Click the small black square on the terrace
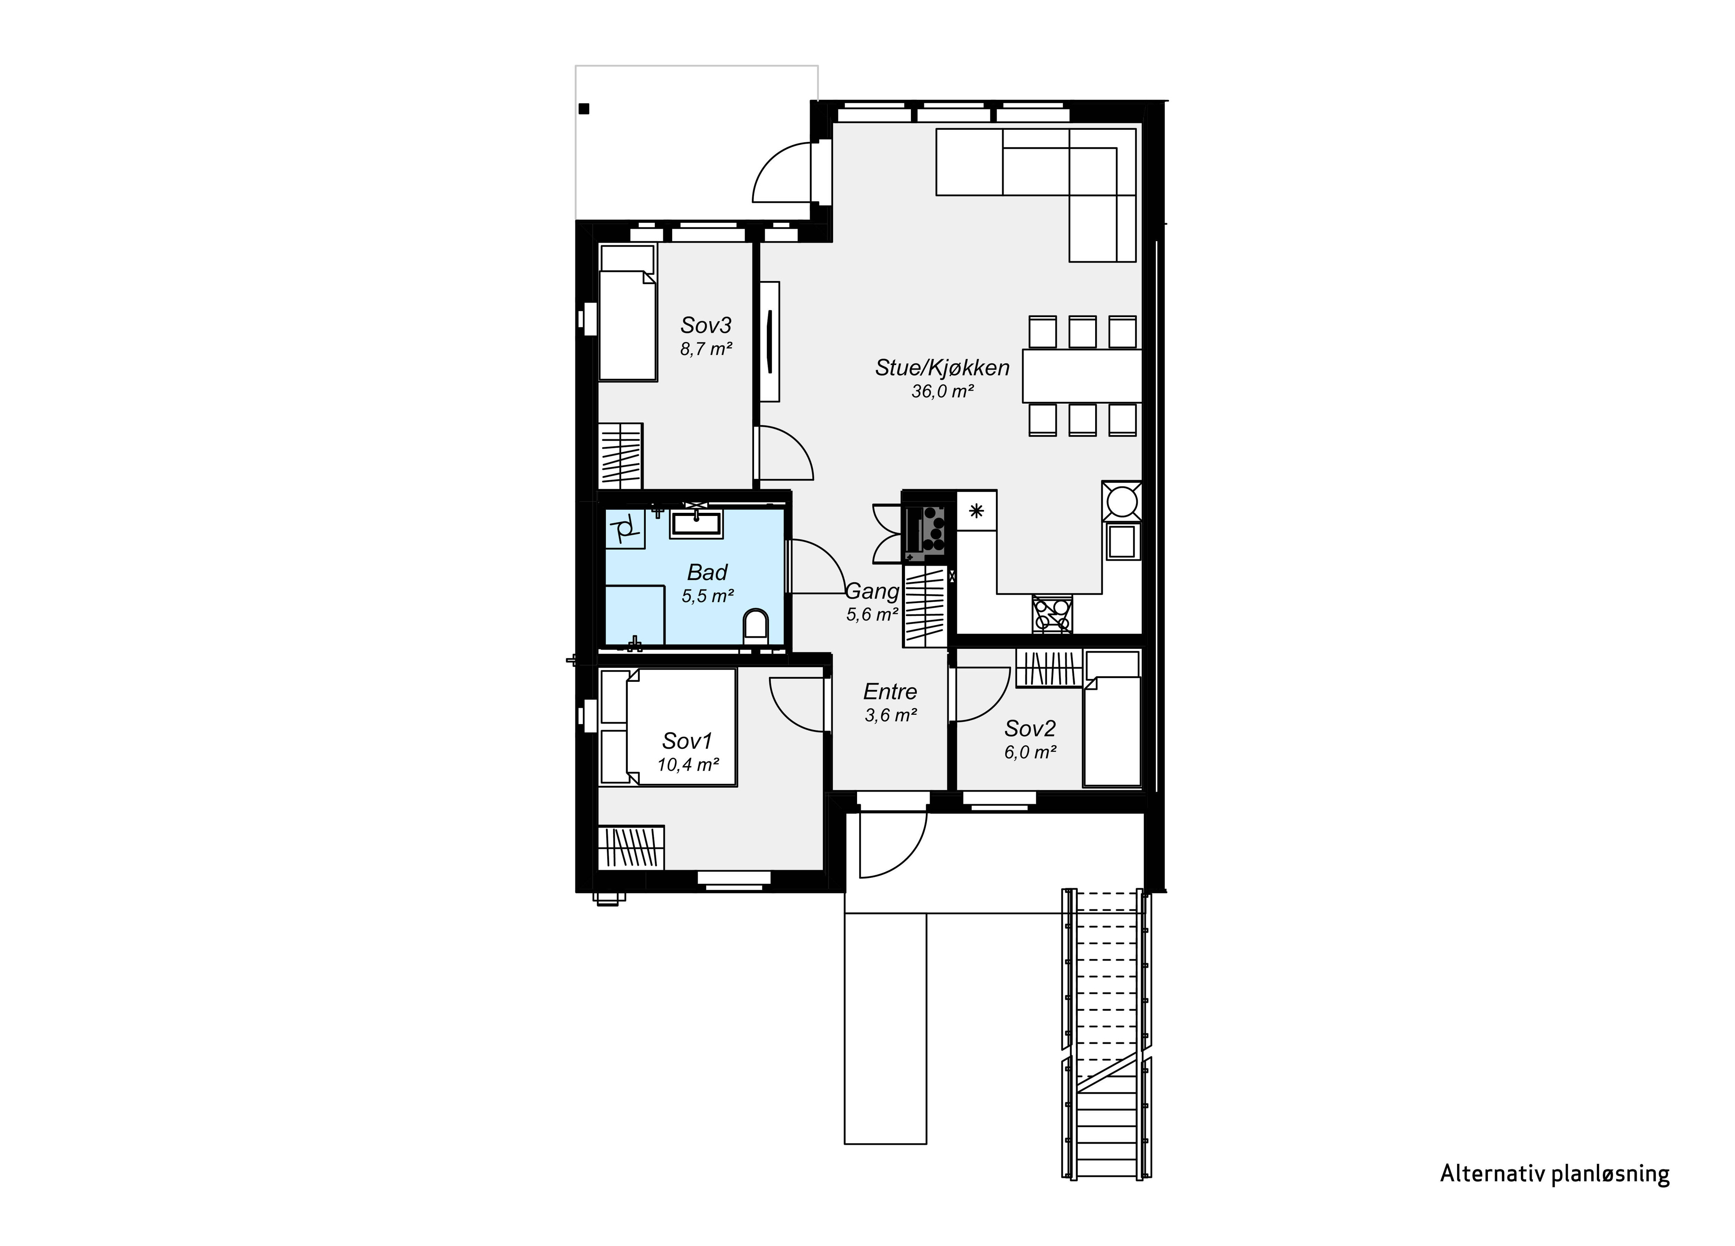coord(584,109)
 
